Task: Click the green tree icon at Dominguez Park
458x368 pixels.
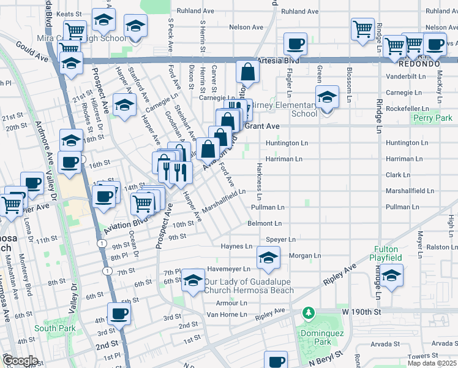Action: (x=309, y=313)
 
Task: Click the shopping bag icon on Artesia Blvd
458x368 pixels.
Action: (x=247, y=72)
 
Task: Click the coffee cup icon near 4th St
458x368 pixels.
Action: (x=119, y=314)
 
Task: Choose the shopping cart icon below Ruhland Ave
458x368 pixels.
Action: (x=362, y=28)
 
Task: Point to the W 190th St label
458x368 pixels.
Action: (x=362, y=312)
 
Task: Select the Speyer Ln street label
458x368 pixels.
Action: (x=280, y=239)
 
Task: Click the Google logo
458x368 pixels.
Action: (x=20, y=361)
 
